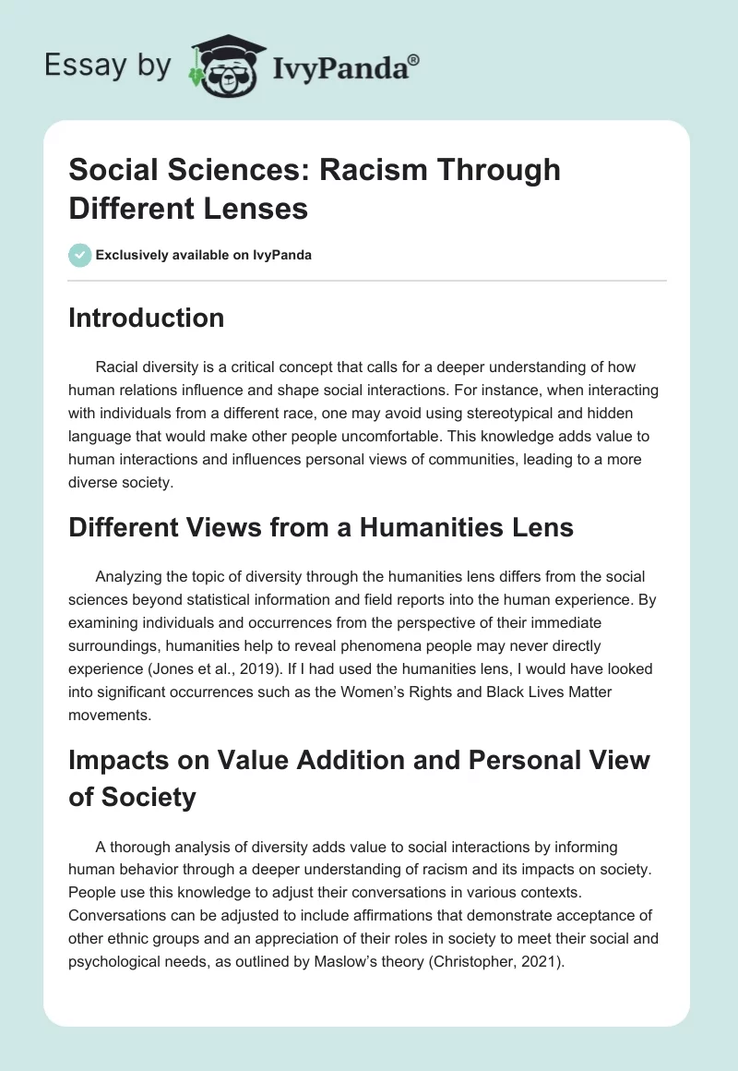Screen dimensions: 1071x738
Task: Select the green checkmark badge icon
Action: click(x=80, y=255)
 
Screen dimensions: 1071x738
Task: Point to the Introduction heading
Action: click(x=147, y=318)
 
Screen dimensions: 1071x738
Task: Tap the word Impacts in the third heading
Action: click(x=120, y=760)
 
